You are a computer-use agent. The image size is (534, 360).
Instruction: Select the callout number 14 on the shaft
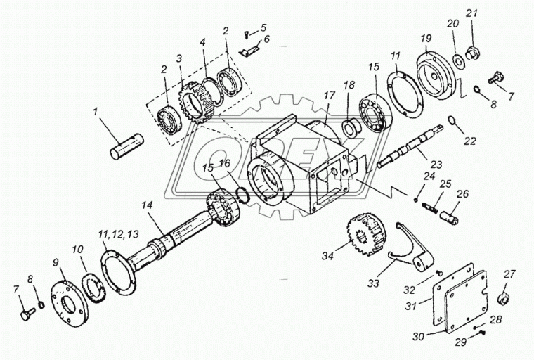point(146,205)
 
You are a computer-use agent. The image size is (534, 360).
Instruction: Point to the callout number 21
point(471,13)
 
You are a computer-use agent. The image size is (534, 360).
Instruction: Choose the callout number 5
point(263,28)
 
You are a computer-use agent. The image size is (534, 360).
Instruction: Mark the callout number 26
point(464,194)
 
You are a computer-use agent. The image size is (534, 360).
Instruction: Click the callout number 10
point(77,250)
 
